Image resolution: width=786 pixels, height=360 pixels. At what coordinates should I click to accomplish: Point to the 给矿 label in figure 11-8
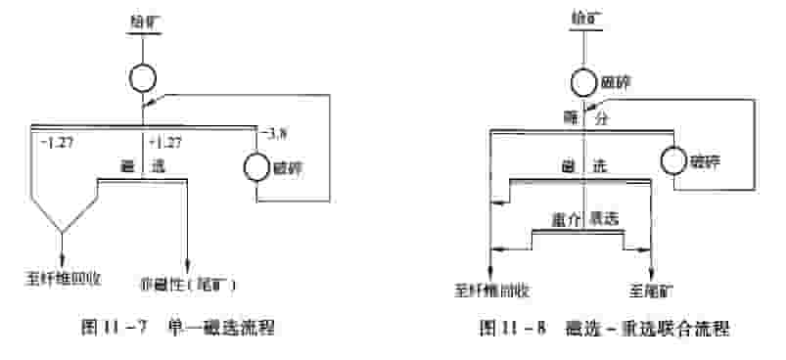[585, 17]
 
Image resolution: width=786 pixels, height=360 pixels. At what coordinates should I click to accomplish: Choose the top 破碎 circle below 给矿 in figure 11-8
[584, 81]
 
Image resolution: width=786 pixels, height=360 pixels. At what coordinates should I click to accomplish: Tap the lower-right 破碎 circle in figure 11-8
[675, 159]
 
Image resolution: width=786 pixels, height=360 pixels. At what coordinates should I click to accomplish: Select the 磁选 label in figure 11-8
[582, 168]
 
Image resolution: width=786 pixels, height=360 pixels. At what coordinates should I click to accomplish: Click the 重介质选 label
[582, 220]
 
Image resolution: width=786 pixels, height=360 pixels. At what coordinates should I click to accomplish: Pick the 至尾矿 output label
[650, 290]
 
